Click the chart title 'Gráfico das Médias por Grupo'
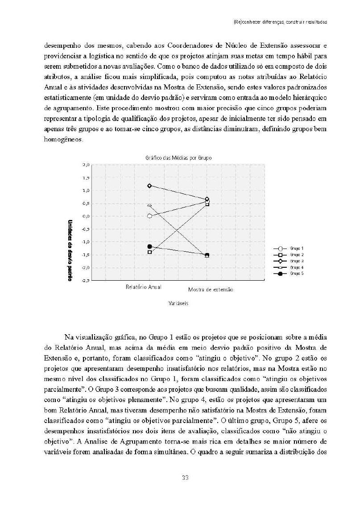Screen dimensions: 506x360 click(178, 158)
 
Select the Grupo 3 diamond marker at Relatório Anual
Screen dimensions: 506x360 click(149, 186)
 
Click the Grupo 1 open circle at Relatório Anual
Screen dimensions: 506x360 click(149, 216)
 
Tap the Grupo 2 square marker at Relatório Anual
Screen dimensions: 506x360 click(149, 252)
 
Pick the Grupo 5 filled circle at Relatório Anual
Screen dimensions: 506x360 click(149, 246)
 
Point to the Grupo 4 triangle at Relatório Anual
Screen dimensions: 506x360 click(149, 206)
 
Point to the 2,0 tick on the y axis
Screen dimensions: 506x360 click(87, 165)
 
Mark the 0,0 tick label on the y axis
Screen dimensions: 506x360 click(87, 216)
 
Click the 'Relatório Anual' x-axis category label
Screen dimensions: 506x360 click(144, 287)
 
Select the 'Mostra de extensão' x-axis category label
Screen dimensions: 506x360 click(211, 290)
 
